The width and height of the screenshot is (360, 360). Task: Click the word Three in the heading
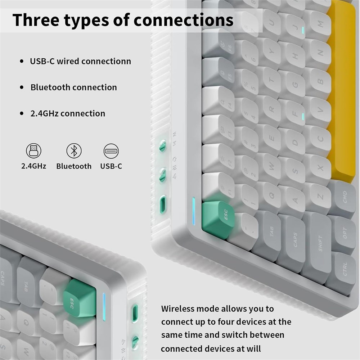36,20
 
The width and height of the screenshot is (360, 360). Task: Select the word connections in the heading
183,20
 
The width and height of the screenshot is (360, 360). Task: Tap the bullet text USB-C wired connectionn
81,61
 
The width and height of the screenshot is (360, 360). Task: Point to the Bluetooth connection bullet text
74,87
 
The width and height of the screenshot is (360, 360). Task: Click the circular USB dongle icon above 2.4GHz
33,151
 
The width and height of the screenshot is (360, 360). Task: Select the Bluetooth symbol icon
74,151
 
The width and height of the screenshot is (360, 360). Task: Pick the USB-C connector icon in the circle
111,151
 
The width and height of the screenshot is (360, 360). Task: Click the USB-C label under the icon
111,166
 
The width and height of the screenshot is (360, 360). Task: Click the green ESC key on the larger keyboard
219,219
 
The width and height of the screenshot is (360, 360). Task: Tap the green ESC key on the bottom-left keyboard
80,298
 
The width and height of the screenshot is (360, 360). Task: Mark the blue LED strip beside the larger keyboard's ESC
194,211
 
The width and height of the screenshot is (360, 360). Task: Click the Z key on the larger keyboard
318,196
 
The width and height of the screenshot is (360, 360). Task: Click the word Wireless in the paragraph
177,309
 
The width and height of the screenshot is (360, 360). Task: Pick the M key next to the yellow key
318,24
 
